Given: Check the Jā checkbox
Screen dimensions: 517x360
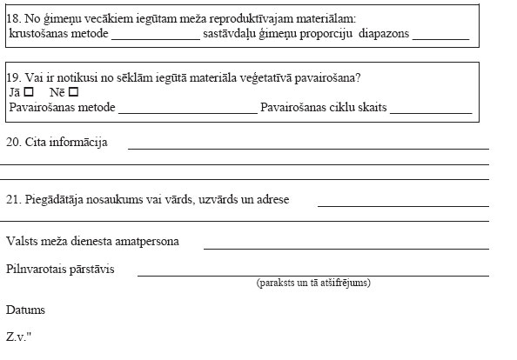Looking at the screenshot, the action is [x=30, y=92].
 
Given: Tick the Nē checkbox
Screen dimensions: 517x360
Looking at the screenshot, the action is [x=73, y=92].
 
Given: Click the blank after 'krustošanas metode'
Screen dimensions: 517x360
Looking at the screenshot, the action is [x=155, y=38].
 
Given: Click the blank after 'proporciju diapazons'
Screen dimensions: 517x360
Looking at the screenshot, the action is [x=440, y=38].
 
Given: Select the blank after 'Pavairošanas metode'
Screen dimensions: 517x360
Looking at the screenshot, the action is [x=187, y=111].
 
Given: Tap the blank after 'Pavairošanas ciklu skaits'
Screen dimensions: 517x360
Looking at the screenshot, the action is [x=431, y=111].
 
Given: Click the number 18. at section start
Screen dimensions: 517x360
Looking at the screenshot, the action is [x=13, y=18].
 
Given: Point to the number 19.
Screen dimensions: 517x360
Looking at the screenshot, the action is [x=13, y=76].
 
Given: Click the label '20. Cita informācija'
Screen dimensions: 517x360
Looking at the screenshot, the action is [x=57, y=142].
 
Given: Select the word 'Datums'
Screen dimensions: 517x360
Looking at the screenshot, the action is [x=25, y=310].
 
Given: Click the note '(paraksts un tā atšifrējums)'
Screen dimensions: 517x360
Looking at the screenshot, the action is [x=313, y=283].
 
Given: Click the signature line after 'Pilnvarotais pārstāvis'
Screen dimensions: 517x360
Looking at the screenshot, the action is [x=313, y=274].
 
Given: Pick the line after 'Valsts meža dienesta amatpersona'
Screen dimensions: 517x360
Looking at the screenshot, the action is [x=346, y=248].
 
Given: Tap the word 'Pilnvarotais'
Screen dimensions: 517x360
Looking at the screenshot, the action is [x=36, y=269].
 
